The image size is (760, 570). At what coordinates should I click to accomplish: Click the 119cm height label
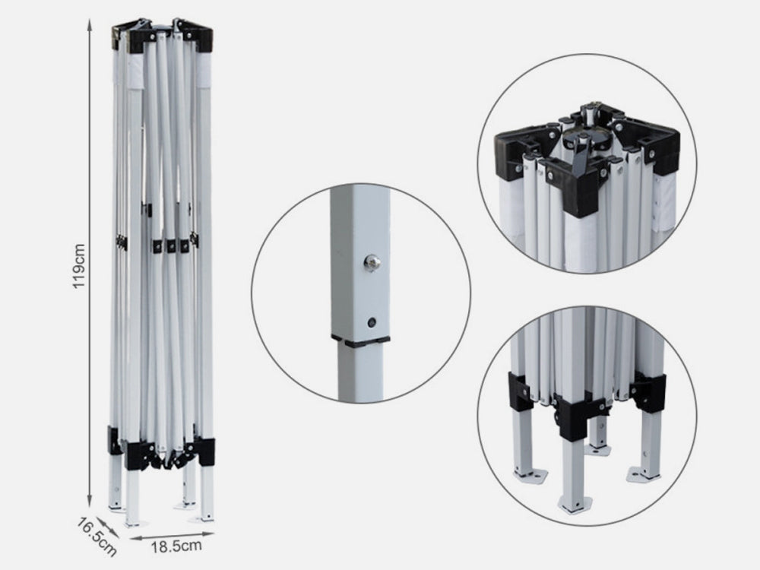coord(78,266)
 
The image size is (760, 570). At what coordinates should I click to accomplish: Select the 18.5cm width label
coord(176,546)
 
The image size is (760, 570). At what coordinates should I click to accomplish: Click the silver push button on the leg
coord(372,263)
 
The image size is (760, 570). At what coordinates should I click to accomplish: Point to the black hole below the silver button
coord(372,321)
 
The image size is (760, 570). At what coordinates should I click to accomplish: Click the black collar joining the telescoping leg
coord(360,341)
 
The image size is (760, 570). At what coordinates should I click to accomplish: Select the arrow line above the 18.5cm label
coord(172,535)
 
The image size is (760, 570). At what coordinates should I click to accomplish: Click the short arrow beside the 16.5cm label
coord(108,528)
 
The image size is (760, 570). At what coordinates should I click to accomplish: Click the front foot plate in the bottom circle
coord(575,504)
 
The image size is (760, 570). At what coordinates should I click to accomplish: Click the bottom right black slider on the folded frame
coord(203,451)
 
